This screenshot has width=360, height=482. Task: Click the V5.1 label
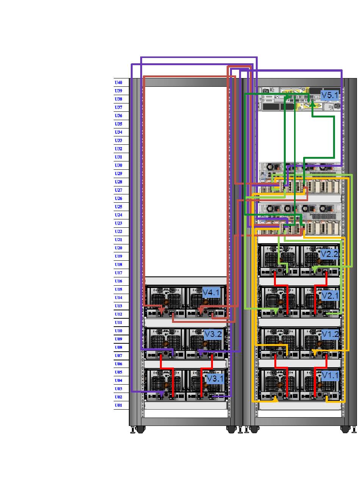point(329,95)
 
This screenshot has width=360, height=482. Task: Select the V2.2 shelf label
point(329,254)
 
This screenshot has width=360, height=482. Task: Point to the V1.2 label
point(330,335)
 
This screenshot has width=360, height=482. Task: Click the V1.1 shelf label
point(330,376)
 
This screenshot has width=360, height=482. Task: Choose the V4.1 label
point(211,293)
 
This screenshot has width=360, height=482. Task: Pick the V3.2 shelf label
point(213,334)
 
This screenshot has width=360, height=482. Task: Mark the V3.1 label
point(215,379)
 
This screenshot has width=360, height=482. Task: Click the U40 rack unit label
point(119,82)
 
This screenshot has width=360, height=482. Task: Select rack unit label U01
point(119,405)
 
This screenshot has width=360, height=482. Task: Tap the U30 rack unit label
point(119,165)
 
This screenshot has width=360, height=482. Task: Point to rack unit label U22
point(119,232)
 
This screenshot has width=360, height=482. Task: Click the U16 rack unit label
point(119,281)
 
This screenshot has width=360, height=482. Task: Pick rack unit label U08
point(119,347)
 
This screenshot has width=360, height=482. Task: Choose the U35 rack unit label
point(119,124)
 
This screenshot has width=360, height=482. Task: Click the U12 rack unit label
point(119,314)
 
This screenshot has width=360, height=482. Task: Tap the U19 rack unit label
point(119,256)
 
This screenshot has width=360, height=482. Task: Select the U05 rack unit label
point(119,372)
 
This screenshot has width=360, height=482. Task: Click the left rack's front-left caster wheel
point(140,429)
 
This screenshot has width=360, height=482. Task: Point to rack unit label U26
point(119,198)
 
